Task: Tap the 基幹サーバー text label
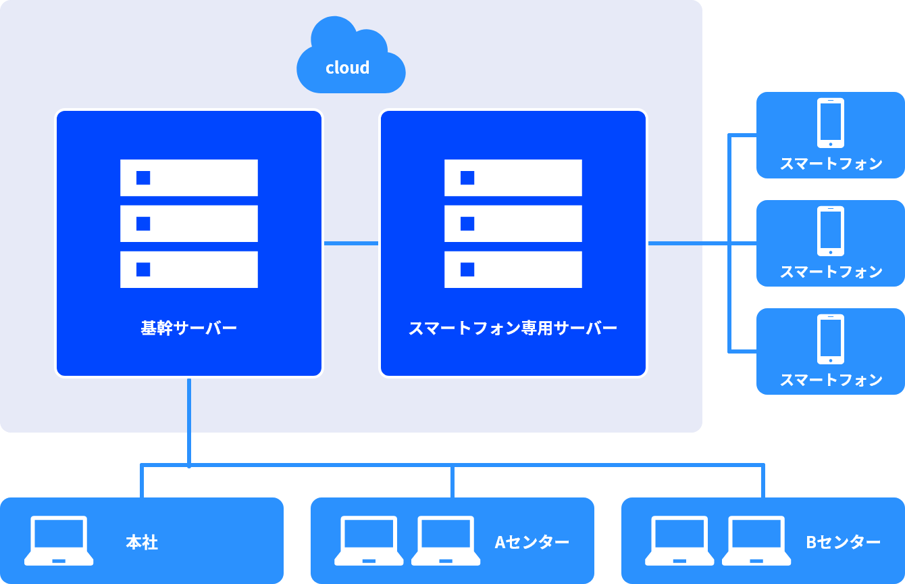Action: coord(188,329)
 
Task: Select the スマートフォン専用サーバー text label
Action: coord(513,329)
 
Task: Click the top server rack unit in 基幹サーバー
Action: coord(189,178)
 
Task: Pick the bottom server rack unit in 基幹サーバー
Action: coord(189,270)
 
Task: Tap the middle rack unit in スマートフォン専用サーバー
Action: coord(513,224)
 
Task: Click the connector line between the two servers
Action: coord(351,243)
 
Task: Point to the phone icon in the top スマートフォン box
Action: coord(831,122)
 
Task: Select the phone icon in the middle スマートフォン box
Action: coord(831,230)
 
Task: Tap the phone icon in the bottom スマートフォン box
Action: coord(831,339)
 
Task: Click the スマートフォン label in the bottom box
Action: coord(831,380)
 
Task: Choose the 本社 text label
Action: coord(142,542)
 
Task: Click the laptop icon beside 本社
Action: coord(59,541)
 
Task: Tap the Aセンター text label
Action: coord(532,542)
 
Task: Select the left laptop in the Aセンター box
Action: coord(369,541)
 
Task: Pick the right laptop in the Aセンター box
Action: coord(446,541)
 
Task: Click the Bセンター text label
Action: coord(843,542)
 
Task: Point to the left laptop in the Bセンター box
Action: coord(679,541)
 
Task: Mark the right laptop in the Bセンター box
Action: coord(756,541)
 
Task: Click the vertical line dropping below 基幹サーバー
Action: coord(189,419)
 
